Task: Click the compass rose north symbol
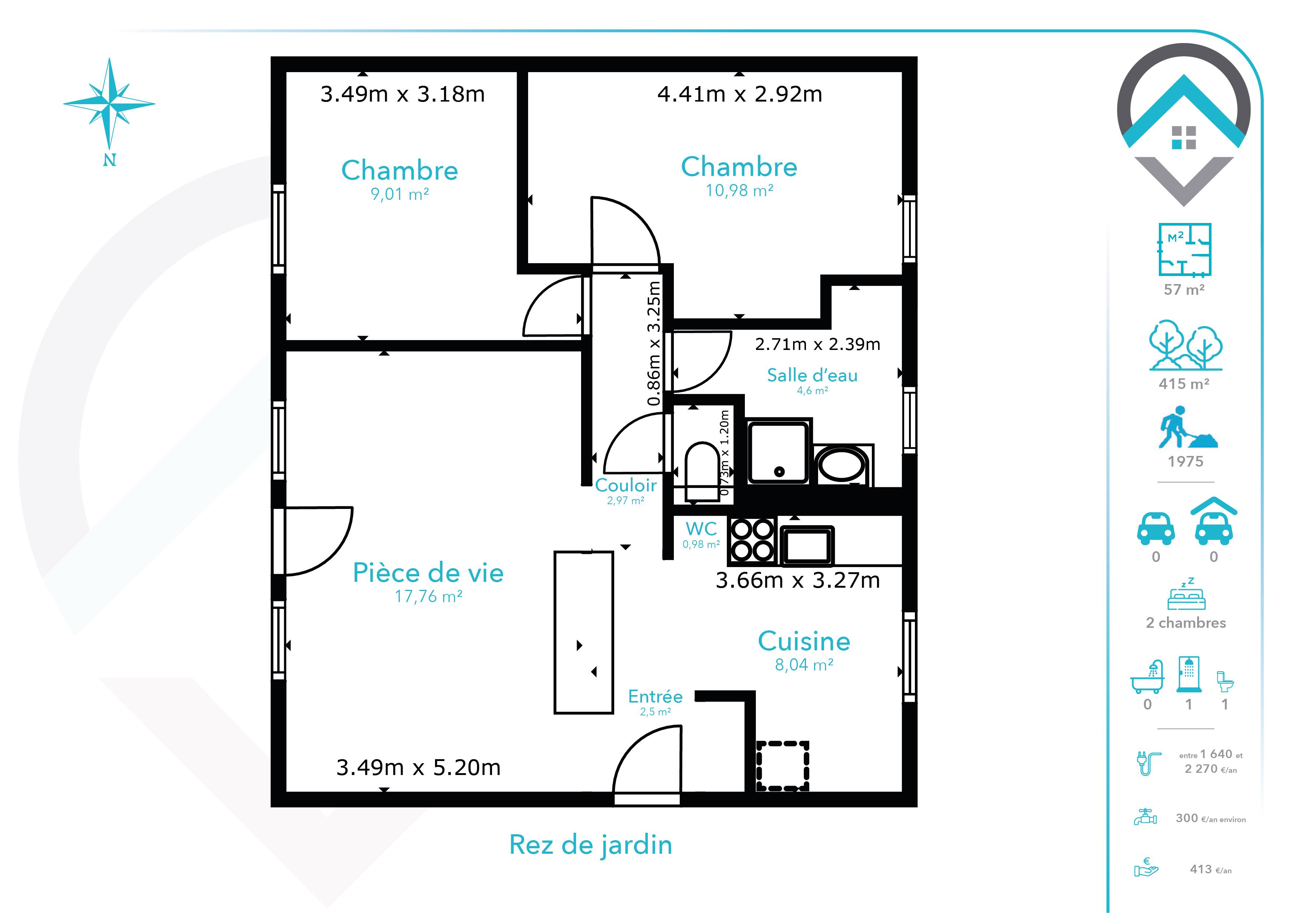click(x=109, y=160)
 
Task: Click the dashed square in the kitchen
click(x=782, y=766)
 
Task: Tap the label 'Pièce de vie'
click(x=428, y=573)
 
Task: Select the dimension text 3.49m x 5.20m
click(x=418, y=767)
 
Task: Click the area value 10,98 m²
click(x=739, y=191)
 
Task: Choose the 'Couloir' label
click(x=626, y=485)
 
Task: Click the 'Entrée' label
click(x=655, y=697)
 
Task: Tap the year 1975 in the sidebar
click(x=1185, y=461)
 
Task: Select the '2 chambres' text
click(x=1186, y=623)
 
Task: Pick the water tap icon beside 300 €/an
click(x=1145, y=816)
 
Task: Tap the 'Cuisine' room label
click(x=804, y=641)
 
